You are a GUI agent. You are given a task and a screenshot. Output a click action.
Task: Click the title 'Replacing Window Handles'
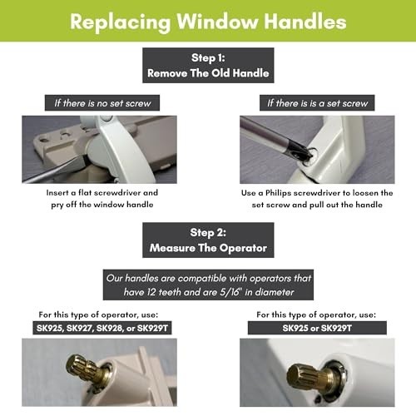[x=208, y=21]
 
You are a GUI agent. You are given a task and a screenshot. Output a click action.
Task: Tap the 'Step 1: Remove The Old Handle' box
[x=208, y=66]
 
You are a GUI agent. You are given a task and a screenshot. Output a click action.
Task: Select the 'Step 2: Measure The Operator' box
[x=208, y=239]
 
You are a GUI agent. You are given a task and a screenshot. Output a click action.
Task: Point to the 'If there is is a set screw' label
[x=316, y=104]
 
